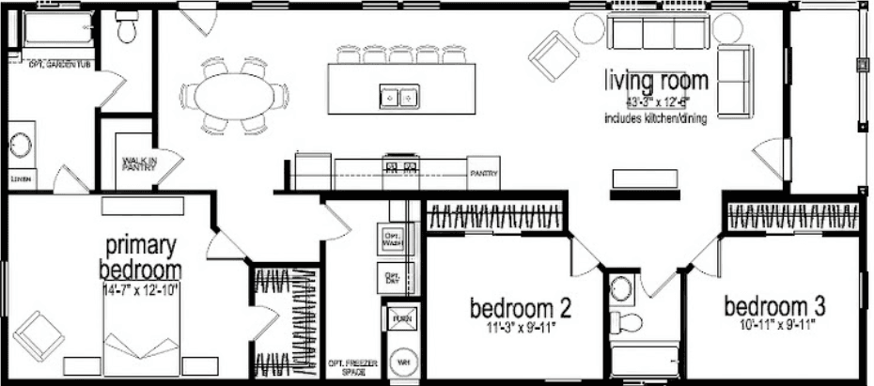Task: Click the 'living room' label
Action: (x=656, y=81)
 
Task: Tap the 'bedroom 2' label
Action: (x=522, y=307)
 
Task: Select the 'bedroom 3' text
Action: (x=774, y=305)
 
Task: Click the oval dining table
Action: (x=238, y=96)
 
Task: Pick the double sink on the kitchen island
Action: (x=398, y=96)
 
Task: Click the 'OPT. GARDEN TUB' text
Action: (x=60, y=64)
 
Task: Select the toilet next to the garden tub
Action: (x=126, y=31)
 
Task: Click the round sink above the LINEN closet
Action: (x=21, y=147)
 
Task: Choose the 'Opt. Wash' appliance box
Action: (x=392, y=239)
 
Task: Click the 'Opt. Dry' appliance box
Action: (x=392, y=278)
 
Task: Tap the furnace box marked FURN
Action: (x=402, y=318)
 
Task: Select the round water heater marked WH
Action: (x=403, y=360)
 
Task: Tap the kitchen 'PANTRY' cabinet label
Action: (x=484, y=173)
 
